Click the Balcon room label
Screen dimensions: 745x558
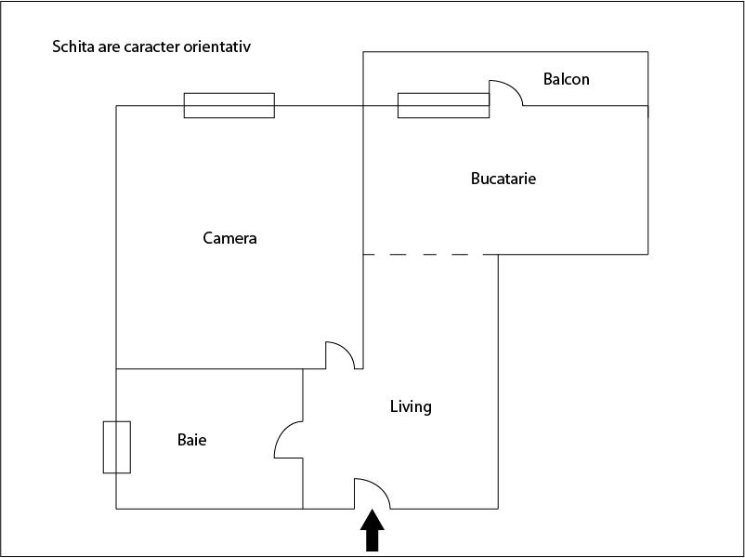coord(566,79)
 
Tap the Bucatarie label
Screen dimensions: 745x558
coord(503,179)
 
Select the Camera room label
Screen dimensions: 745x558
coord(230,238)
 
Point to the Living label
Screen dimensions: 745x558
coord(411,406)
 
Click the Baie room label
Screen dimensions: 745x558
coord(192,440)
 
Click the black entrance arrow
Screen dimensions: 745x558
coord(372,530)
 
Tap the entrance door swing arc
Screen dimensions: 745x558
coord(372,494)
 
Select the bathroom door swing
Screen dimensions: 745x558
coord(288,440)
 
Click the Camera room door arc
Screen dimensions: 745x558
coord(340,355)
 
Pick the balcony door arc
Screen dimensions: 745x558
coord(506,93)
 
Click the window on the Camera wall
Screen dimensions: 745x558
coord(229,106)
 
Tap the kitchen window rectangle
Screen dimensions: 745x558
coord(443,106)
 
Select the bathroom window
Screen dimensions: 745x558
coord(117,447)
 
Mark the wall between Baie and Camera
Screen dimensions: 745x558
coord(210,368)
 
